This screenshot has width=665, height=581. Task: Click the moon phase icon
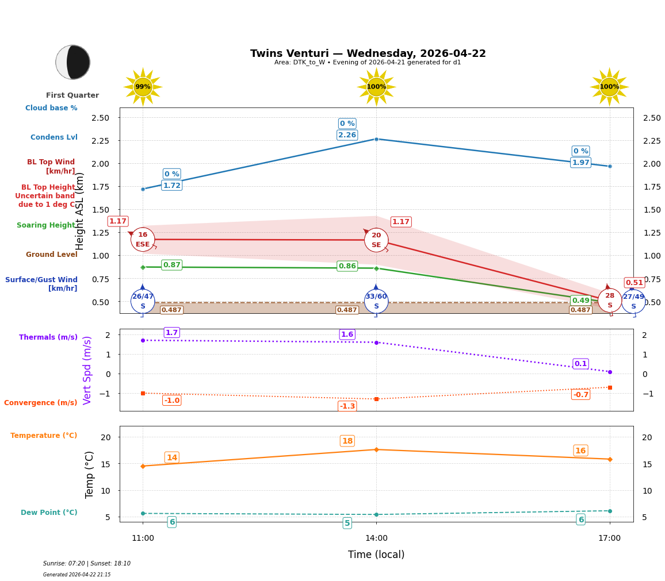(x=72, y=62)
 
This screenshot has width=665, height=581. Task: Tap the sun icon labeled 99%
(x=143, y=87)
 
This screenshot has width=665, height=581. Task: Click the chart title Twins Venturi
(x=368, y=53)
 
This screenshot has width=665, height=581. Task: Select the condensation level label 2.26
(x=347, y=135)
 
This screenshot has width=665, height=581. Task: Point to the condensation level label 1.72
(x=171, y=185)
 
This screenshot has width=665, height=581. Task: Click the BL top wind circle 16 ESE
(x=143, y=239)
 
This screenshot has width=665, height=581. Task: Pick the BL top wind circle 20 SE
(x=376, y=240)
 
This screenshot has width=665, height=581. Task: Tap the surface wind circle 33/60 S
(x=376, y=301)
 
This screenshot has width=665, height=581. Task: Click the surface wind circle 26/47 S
(x=143, y=301)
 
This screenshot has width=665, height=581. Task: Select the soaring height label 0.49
(x=580, y=300)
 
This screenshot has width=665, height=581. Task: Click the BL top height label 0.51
(x=635, y=282)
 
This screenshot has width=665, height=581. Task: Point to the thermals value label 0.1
(x=580, y=364)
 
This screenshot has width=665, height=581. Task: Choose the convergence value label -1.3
(x=347, y=406)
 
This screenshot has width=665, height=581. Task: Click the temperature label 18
(x=347, y=441)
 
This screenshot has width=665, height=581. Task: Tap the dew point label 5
(x=347, y=523)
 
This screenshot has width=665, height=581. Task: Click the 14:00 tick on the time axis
(x=376, y=538)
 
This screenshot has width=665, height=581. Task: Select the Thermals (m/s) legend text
(x=48, y=337)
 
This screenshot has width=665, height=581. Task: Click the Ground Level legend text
(x=52, y=255)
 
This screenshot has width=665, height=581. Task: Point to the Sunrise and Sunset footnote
(x=87, y=564)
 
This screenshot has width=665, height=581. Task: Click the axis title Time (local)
(x=376, y=555)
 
